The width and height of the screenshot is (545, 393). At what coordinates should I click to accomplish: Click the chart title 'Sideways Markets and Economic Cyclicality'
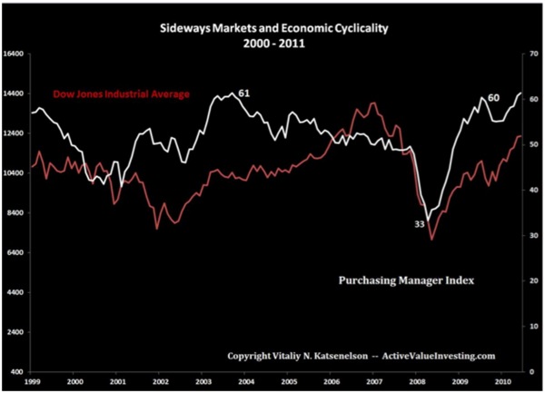272,26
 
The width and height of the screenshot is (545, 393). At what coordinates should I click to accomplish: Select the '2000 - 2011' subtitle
272,42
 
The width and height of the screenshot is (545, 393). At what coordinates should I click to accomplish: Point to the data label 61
243,93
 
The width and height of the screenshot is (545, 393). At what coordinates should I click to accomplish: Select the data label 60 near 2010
493,97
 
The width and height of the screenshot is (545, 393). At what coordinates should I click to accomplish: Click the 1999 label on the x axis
33,383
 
